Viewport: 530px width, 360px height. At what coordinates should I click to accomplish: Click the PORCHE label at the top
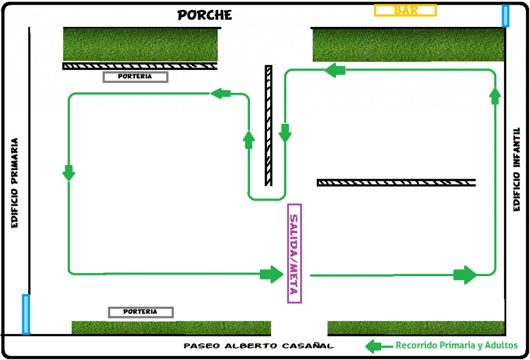point(204,15)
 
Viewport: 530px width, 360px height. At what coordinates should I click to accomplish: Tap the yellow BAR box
point(406,10)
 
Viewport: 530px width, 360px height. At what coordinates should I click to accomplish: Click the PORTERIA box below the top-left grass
point(136,77)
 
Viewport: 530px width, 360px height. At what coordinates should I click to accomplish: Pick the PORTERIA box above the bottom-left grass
point(141,312)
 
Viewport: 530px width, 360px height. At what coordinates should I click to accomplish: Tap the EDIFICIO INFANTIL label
point(517,169)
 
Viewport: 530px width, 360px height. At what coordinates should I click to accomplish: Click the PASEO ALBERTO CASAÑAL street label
point(259,346)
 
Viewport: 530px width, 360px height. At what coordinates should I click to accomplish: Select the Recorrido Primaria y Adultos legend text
point(457,345)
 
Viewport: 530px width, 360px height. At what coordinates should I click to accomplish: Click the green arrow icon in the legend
point(379,346)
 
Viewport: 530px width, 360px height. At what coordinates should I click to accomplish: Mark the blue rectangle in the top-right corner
point(505,16)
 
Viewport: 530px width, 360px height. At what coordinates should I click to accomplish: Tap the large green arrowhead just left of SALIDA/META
point(271,273)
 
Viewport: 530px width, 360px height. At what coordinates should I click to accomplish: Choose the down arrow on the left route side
point(69,172)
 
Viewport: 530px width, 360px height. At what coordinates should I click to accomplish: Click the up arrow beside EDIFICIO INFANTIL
point(495,95)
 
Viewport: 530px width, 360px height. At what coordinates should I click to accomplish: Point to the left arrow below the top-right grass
point(335,70)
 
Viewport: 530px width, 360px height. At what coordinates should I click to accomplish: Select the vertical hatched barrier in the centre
point(269,125)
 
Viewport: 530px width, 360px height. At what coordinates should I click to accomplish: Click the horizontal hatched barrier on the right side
point(396,182)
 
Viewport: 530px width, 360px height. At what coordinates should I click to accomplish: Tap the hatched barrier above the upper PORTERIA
point(140,66)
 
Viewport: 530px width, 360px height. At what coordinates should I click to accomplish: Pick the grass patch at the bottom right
point(416,327)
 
